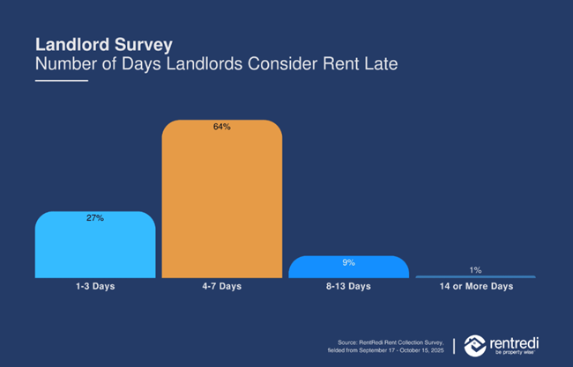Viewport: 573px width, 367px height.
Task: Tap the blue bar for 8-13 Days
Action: tap(348, 268)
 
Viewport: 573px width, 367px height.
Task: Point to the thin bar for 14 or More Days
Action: tap(475, 276)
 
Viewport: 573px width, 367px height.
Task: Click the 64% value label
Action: tap(221, 127)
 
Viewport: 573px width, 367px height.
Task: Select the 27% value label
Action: tap(95, 217)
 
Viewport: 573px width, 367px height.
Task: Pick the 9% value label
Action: tap(348, 261)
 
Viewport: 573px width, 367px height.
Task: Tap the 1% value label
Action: tap(475, 270)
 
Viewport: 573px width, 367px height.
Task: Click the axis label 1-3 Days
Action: tap(95, 287)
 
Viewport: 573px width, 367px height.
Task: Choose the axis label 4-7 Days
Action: tap(221, 287)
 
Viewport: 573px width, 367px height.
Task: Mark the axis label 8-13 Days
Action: tap(348, 287)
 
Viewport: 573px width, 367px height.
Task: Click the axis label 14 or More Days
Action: tap(475, 287)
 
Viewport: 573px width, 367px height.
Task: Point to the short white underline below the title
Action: tap(62, 81)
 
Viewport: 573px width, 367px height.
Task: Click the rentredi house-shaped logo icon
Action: tap(474, 344)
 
